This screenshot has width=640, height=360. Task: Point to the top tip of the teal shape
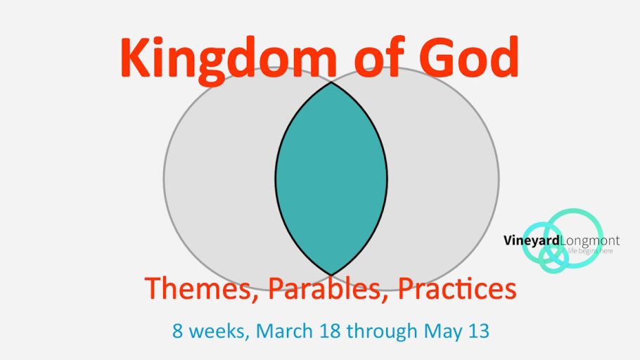(331, 83)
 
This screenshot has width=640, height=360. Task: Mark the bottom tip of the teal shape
(331, 274)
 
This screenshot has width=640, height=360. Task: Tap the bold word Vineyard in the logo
(532, 240)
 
